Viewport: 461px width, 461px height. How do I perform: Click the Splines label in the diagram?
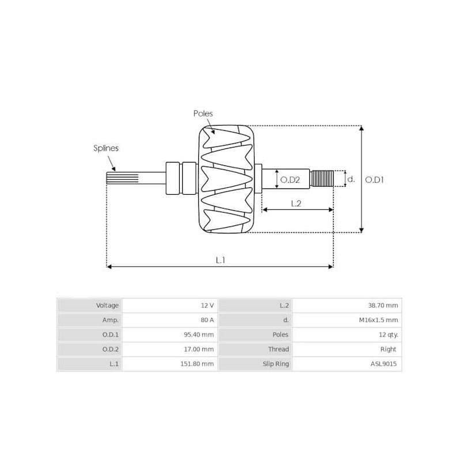(106, 148)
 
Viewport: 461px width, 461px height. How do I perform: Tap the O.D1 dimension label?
(375, 180)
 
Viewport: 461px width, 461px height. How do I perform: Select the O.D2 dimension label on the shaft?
(290, 180)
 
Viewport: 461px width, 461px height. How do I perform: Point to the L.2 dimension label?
(296, 203)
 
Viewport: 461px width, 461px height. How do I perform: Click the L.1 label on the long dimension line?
(220, 260)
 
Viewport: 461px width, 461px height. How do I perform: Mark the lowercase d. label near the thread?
(350, 180)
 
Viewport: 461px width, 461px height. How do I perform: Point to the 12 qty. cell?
(387, 334)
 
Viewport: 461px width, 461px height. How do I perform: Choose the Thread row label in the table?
(278, 349)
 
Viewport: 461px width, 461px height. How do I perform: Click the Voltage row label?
(108, 305)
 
